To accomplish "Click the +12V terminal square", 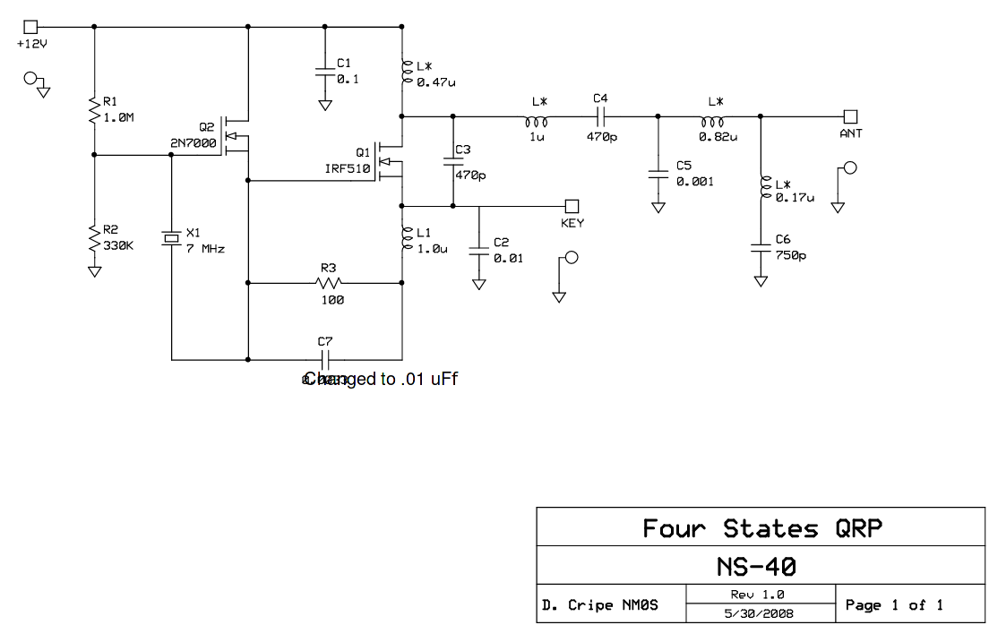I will (31, 27).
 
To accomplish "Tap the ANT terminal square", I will (850, 116).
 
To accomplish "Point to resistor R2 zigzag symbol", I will (94, 238).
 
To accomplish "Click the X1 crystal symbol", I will (171, 238).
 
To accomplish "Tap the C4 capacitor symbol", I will (600, 116).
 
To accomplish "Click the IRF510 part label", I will (348, 167).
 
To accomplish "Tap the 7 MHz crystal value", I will (205, 248).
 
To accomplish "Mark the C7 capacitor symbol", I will (325, 360).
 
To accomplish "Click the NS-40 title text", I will (757, 567).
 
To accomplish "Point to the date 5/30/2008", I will (759, 613).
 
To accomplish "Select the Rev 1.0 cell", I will (759, 595).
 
